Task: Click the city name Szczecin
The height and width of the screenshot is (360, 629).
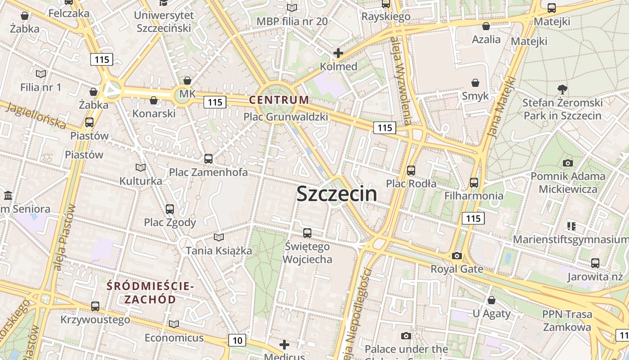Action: [337, 193]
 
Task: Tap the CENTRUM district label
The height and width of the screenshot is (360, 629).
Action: [279, 100]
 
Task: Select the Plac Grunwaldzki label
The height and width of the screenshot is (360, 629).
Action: [285, 117]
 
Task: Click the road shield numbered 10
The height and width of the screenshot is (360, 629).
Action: [237, 340]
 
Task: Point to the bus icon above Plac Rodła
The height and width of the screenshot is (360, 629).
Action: [411, 171]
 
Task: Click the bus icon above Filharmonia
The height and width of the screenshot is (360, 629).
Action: [474, 182]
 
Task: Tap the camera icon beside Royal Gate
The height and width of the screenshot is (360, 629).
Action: [456, 256]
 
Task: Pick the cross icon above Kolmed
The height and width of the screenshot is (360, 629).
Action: [338, 54]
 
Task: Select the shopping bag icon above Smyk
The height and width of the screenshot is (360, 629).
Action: [475, 83]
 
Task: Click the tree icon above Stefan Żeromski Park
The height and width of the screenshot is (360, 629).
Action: [562, 89]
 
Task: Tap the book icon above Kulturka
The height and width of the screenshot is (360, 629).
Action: [141, 167]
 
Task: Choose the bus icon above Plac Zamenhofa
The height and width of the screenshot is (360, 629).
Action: [208, 158]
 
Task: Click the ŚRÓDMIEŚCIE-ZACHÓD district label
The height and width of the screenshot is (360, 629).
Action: [150, 292]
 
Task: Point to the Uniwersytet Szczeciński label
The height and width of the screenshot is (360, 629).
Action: [164, 22]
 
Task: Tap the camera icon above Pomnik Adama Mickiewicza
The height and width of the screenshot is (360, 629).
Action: [567, 163]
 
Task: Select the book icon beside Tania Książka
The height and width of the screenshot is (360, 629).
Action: [218, 237]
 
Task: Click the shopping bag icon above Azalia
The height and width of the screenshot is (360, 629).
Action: [486, 26]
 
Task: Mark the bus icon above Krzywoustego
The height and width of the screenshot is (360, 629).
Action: [95, 306]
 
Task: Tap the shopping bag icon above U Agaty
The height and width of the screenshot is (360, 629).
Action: [491, 300]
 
